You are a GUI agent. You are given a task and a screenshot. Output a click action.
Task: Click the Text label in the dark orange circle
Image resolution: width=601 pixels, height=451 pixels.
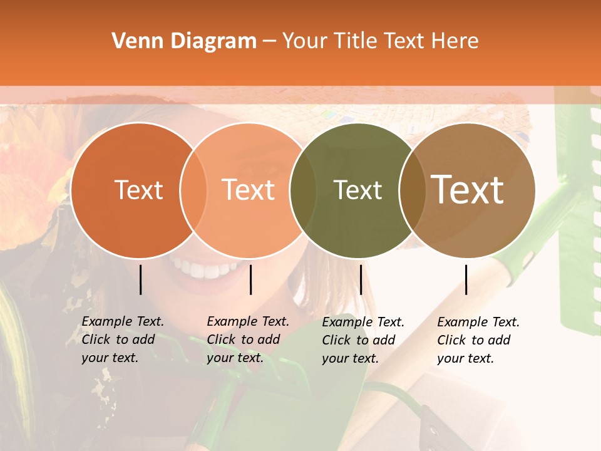point(138,190)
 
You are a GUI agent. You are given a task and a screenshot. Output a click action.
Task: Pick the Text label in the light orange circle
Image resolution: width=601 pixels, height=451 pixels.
point(249,190)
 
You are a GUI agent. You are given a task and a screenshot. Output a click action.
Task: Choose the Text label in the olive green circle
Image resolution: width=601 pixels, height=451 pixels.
point(357,190)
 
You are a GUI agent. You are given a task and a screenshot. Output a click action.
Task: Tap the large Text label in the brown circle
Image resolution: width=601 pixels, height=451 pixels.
point(468,189)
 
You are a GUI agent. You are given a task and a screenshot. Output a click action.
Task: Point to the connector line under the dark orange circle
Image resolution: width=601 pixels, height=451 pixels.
point(140,279)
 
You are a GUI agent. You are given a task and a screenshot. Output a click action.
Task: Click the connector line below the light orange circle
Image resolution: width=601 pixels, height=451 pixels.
point(250,279)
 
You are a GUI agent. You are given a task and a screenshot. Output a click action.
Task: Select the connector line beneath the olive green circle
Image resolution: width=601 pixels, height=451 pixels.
point(361,279)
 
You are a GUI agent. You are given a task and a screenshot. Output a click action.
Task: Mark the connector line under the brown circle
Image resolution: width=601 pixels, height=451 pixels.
point(466,279)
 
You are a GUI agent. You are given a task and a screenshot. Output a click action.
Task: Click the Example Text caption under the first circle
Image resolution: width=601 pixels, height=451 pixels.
point(123,340)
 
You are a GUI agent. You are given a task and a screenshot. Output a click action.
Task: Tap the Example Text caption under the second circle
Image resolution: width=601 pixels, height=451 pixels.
point(248,340)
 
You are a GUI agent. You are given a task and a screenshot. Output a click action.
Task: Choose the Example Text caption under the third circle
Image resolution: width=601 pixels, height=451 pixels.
point(363,340)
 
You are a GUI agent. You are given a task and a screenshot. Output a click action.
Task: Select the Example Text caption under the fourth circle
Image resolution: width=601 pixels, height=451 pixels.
point(478,340)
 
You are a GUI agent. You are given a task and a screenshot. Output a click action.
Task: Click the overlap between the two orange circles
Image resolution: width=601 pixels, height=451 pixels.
point(193,190)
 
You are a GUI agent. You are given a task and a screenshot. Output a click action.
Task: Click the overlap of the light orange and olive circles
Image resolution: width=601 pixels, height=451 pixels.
point(303,190)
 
